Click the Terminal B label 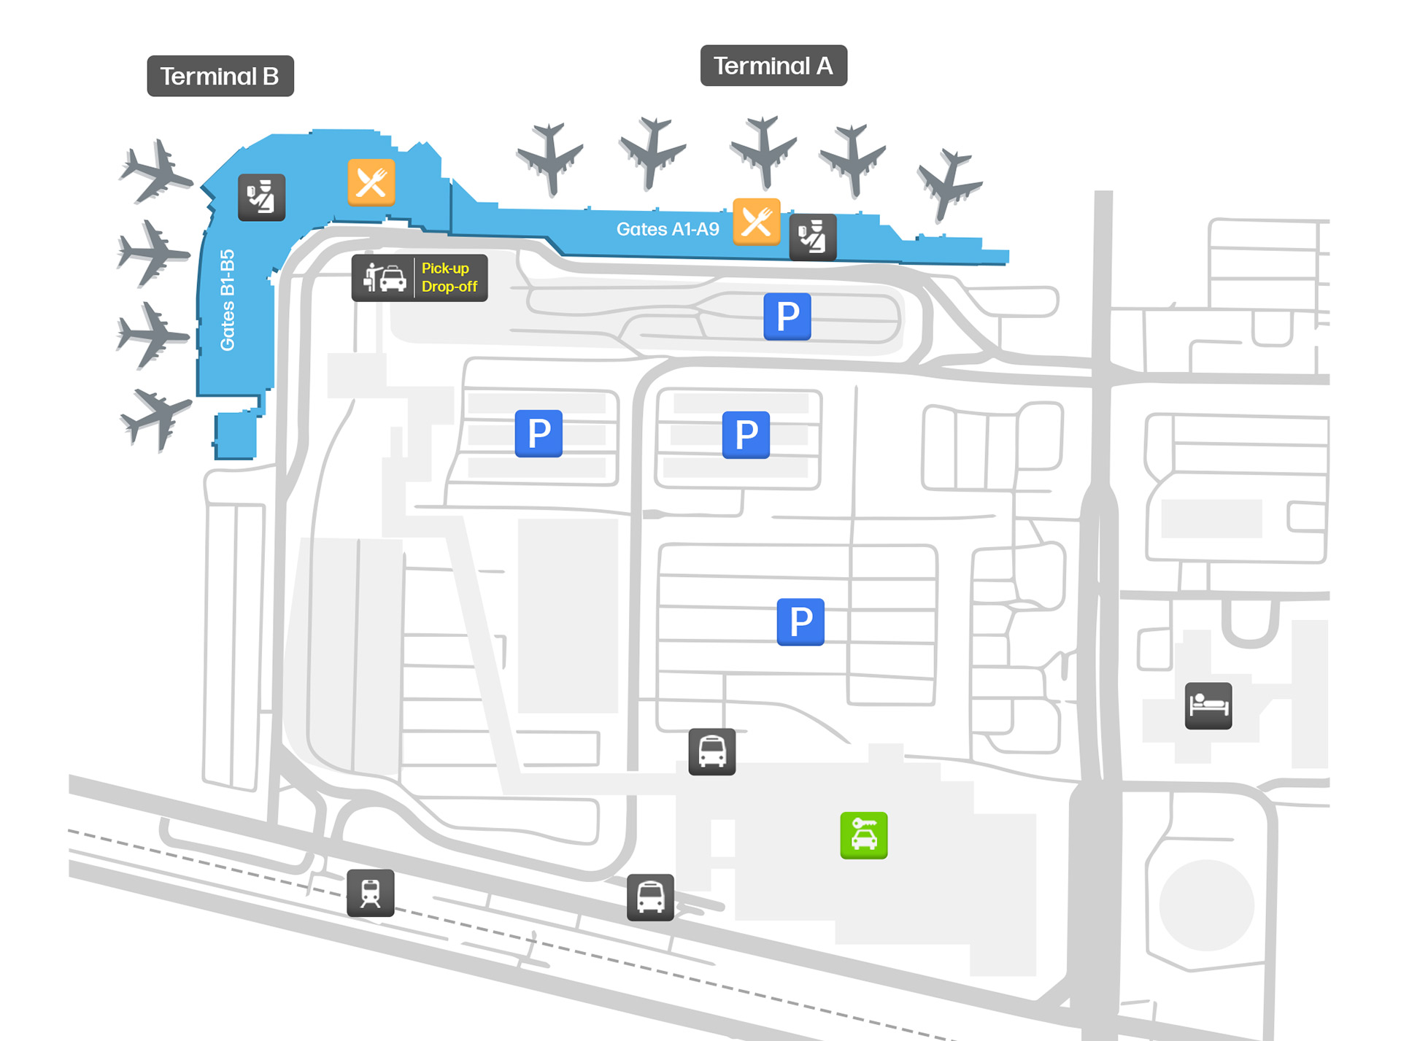(220, 76)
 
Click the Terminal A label (773, 66)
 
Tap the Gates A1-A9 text (667, 229)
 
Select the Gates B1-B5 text (228, 300)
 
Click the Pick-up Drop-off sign (419, 278)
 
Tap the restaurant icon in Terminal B (371, 182)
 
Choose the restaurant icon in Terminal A (756, 222)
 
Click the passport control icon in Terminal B (261, 198)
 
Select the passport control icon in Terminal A (812, 237)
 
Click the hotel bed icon (1208, 705)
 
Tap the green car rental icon (863, 835)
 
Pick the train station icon (370, 893)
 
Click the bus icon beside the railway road (649, 897)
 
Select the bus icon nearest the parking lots (711, 751)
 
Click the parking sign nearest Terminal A (787, 317)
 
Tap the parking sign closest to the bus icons (800, 622)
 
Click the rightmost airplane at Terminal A (949, 184)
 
